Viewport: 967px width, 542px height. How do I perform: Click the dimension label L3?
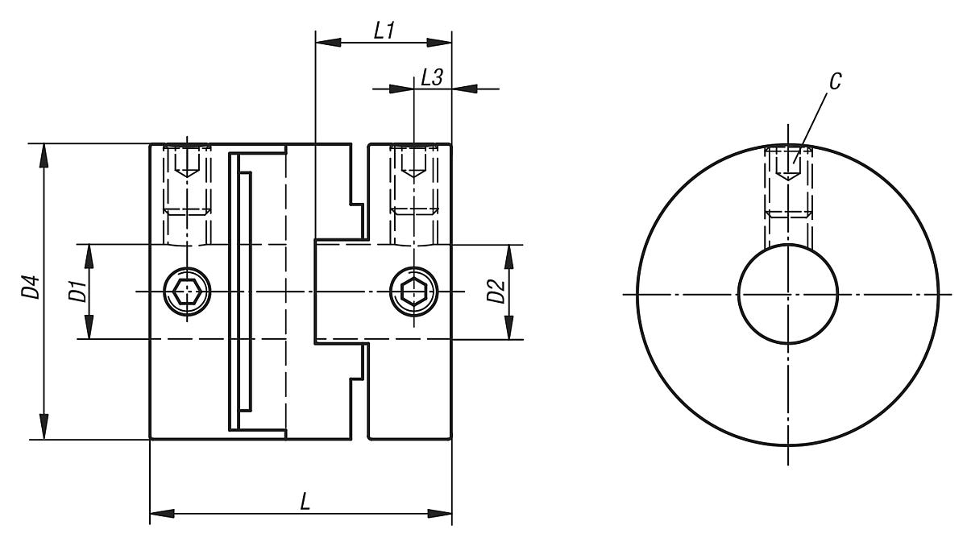tap(432, 78)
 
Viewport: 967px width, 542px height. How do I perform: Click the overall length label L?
tap(305, 501)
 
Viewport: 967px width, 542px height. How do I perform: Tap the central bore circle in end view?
tap(789, 294)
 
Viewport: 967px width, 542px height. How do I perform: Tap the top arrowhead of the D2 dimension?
tap(509, 257)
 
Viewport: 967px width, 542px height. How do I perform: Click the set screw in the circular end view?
tap(789, 181)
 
